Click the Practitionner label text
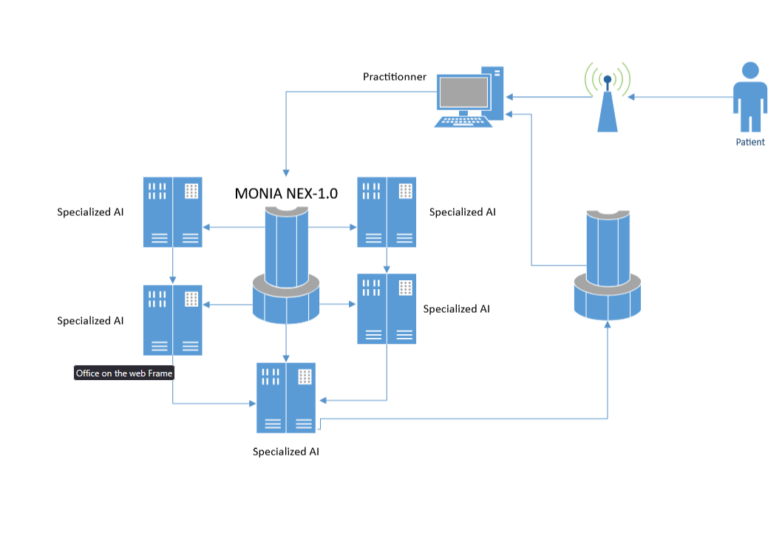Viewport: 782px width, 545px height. (394, 77)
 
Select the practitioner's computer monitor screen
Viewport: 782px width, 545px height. (463, 93)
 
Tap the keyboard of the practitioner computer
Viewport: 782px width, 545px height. (463, 121)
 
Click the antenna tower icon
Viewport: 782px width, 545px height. (608, 104)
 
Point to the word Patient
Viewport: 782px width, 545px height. (750, 142)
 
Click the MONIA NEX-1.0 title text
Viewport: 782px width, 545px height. (286, 194)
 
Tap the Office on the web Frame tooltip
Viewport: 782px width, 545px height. (124, 373)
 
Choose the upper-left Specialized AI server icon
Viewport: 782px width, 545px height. (172, 211)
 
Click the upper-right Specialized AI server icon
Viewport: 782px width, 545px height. (387, 211)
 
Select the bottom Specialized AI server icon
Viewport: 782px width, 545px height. (286, 397)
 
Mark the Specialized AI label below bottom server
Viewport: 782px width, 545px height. (286, 451)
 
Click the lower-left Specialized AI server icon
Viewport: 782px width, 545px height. (172, 320)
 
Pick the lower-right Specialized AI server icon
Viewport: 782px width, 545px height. (387, 308)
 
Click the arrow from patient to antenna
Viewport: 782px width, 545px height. (680, 97)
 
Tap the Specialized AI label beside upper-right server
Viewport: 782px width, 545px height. (462, 212)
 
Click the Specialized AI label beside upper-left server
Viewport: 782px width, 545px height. (90, 212)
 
